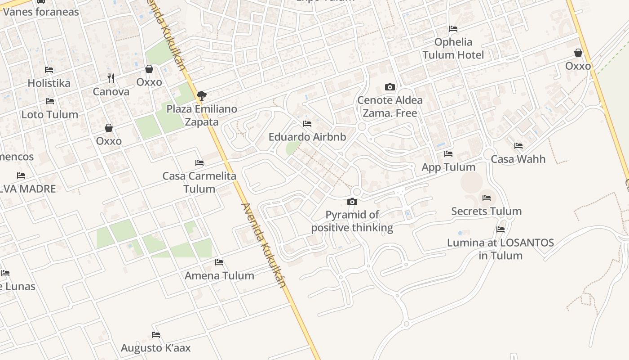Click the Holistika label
49,83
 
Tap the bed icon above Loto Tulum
50,102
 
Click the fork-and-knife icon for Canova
111,78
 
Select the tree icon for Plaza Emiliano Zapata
202,95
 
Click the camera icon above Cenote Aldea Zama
390,87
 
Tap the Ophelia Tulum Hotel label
453,49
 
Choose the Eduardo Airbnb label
307,137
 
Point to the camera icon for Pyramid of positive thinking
352,202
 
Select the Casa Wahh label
518,159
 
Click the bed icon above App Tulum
448,154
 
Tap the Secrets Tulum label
486,211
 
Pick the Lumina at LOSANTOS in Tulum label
501,249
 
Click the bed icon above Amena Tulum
219,262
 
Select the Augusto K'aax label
156,348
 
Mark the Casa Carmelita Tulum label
199,182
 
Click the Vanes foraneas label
41,12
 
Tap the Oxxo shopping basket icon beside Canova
149,69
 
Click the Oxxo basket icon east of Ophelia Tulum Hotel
578,53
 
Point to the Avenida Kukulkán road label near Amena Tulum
264,245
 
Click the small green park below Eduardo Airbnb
292,148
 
